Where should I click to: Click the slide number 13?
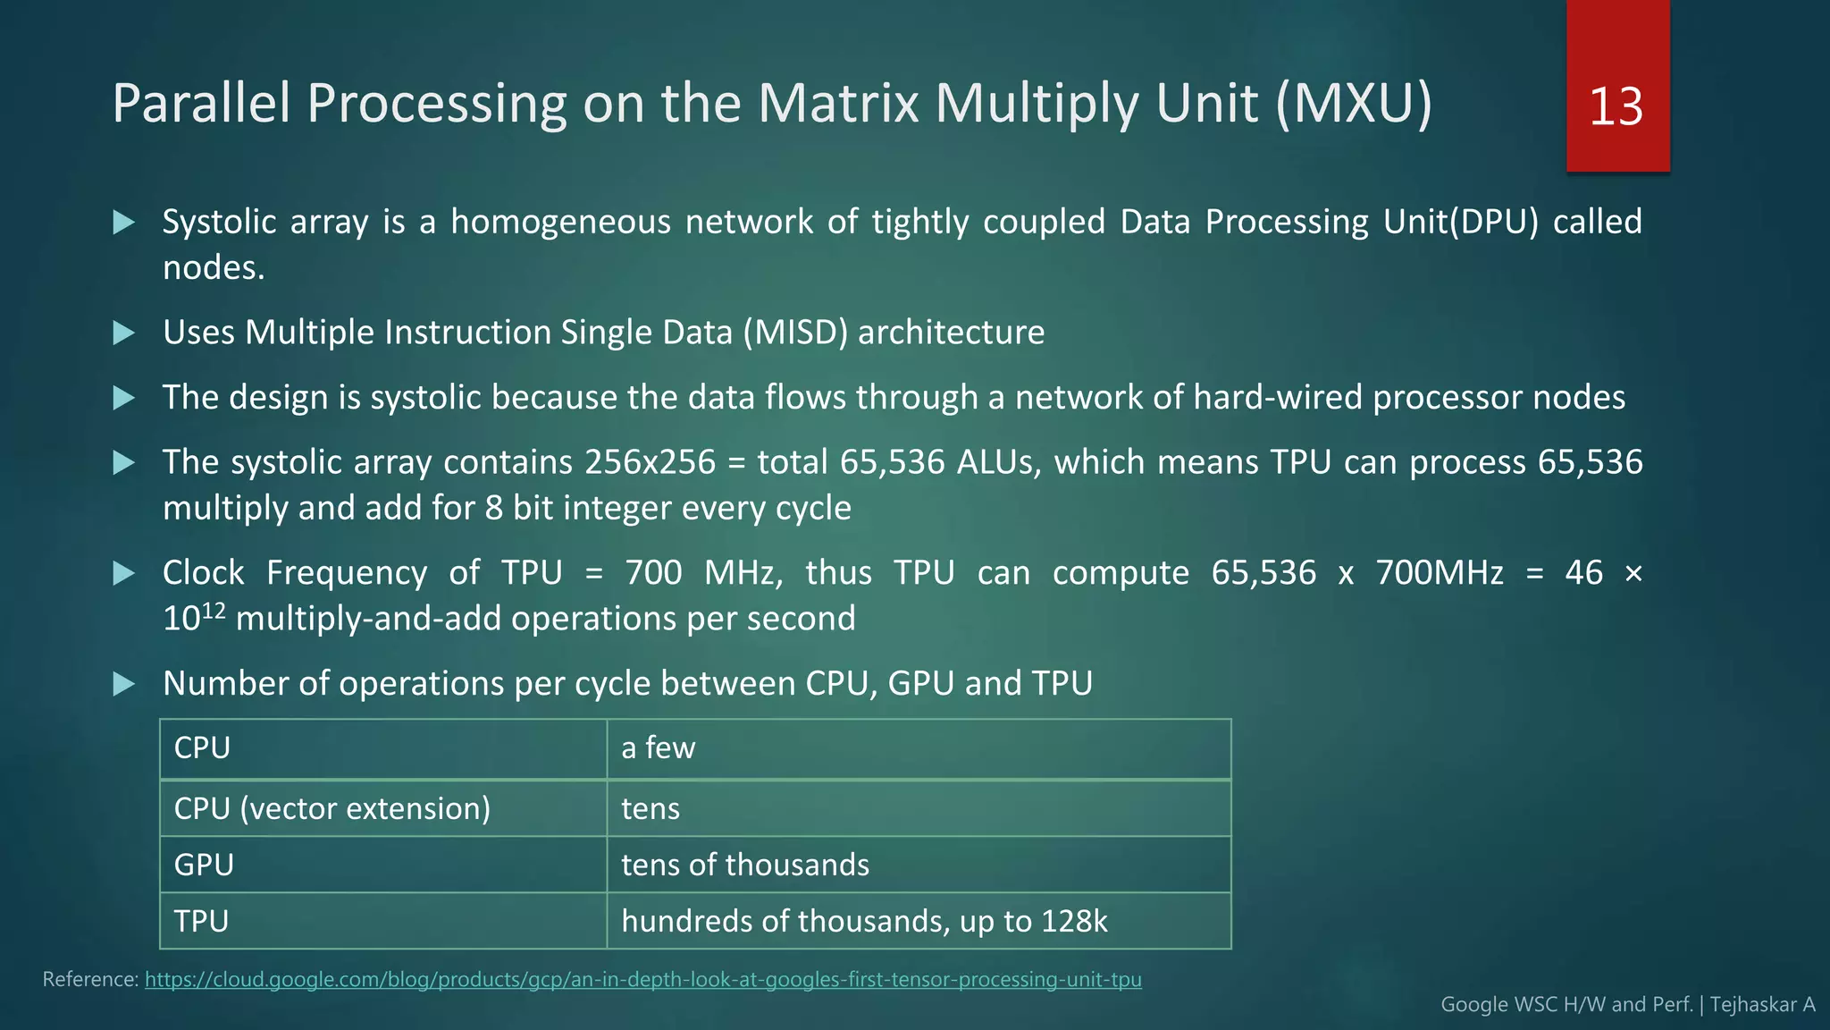click(1616, 106)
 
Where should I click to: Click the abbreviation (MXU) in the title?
click(1354, 103)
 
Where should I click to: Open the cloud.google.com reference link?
click(642, 979)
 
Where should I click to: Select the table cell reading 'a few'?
click(658, 747)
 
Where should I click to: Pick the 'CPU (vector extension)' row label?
click(332, 808)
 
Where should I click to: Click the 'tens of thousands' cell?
click(744, 865)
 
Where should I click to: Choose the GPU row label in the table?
click(204, 865)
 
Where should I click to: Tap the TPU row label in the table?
click(201, 921)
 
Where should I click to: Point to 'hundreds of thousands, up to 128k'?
click(864, 921)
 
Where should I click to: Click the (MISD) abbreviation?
click(795, 333)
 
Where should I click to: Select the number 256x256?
click(650, 462)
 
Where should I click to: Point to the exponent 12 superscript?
click(214, 611)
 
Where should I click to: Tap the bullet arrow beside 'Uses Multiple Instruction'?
click(124, 333)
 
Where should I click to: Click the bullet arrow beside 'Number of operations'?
click(124, 685)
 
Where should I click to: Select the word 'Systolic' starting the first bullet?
click(219, 222)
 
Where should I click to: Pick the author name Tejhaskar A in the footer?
click(1762, 1004)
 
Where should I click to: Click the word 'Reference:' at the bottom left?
click(90, 979)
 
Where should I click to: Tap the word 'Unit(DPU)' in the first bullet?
click(1461, 222)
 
